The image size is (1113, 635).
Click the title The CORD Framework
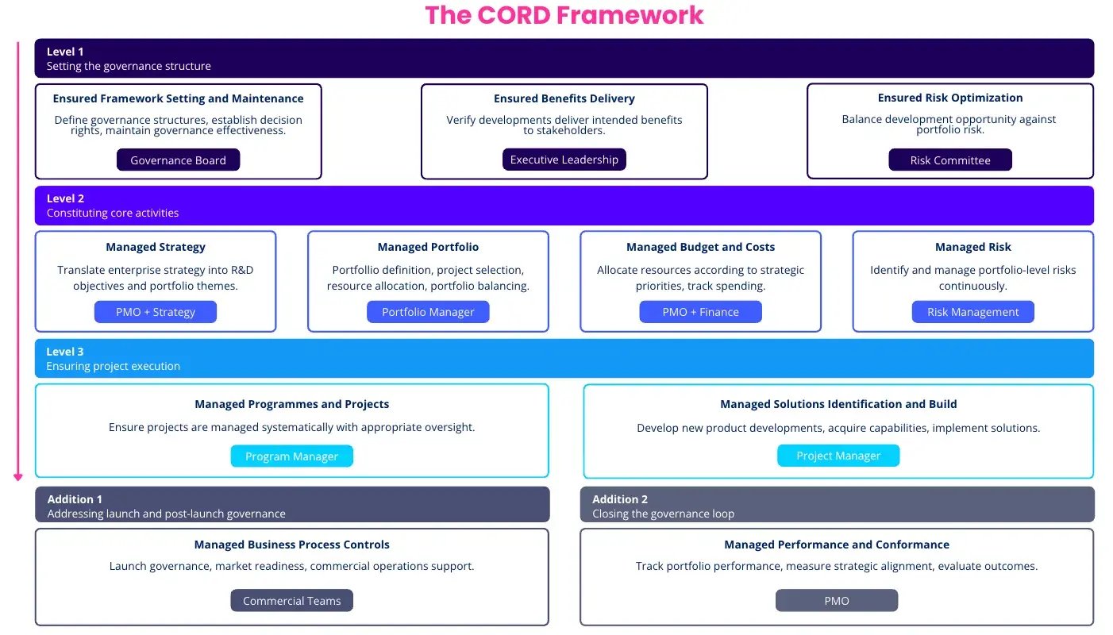point(564,15)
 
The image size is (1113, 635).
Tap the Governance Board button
point(178,160)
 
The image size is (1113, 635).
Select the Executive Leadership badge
point(564,160)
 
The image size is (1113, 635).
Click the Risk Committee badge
point(949,160)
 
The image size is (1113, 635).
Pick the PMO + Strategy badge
point(155,312)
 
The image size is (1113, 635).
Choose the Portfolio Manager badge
point(428,312)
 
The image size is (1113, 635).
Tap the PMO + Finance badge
point(700,312)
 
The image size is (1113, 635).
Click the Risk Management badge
point(972,312)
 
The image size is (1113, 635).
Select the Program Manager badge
point(291,456)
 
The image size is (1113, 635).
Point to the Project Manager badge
point(838,456)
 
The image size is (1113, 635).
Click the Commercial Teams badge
point(291,601)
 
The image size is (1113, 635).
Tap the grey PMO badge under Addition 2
point(836,601)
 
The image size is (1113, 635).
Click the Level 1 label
point(65,52)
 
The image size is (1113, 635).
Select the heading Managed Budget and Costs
point(700,247)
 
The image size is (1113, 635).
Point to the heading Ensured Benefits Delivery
point(564,98)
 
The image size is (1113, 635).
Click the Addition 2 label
point(619,499)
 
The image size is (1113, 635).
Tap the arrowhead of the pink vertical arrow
point(18,477)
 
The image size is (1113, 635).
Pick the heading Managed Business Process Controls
point(291,545)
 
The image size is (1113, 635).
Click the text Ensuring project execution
point(113,366)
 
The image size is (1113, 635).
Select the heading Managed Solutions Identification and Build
point(838,404)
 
